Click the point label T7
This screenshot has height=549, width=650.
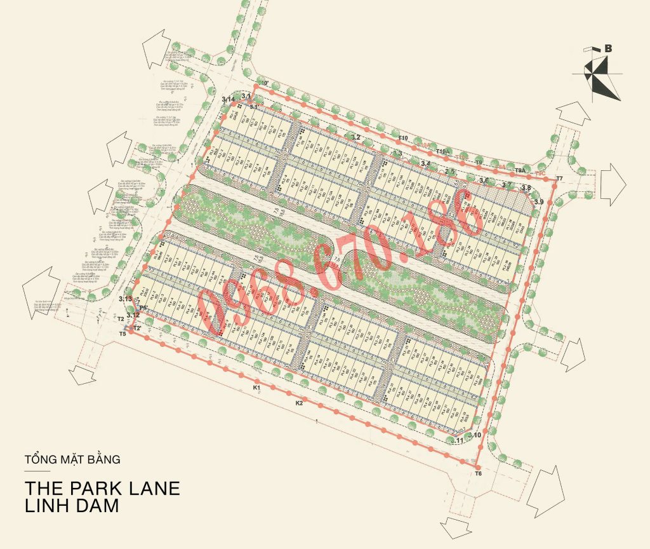(559, 178)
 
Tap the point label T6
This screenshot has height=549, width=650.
(478, 474)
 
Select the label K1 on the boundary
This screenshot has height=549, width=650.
(257, 387)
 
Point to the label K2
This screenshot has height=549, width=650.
(299, 403)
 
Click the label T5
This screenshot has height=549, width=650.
(123, 334)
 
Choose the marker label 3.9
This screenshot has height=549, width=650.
(539, 201)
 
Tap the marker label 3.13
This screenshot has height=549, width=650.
(125, 299)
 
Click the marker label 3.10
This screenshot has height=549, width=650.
(475, 435)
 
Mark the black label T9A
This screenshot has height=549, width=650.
(520, 170)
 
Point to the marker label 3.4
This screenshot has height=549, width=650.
(425, 163)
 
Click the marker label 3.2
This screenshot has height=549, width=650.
(355, 137)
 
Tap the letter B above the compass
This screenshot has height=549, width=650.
(609, 48)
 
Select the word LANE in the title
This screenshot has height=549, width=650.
(150, 488)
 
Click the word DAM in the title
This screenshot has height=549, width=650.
(96, 506)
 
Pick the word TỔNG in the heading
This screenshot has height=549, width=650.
(39, 457)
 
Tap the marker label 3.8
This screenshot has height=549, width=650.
(526, 187)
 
